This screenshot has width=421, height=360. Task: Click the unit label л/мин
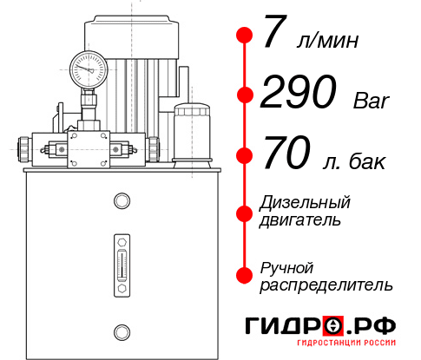326,41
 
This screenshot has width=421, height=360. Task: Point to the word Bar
372,101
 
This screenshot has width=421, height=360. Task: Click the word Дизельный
306,203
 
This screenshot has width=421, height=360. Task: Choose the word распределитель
326,285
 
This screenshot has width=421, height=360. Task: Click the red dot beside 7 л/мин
245,36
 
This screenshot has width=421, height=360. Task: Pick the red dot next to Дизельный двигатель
245,211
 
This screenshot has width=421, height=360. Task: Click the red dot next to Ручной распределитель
245,275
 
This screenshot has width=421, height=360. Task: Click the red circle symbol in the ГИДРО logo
334,325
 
